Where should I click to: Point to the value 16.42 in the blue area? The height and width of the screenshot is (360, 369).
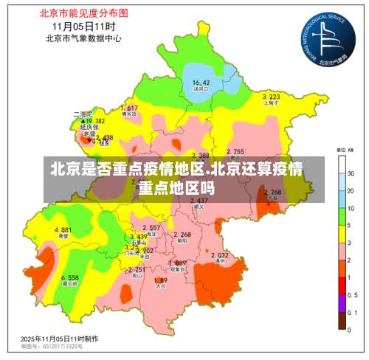click(x=201, y=82)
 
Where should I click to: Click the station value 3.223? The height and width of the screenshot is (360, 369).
click(x=271, y=97)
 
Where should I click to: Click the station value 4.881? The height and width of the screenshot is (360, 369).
click(x=63, y=230)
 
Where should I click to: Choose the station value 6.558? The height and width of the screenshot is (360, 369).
click(x=69, y=277)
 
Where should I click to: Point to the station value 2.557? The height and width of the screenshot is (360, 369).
click(x=151, y=228)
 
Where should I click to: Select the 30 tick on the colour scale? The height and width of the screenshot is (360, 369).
click(x=351, y=173)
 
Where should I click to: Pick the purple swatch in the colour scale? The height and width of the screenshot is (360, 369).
click(x=343, y=302)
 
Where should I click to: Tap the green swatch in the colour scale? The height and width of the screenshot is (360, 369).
click(x=343, y=217)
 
